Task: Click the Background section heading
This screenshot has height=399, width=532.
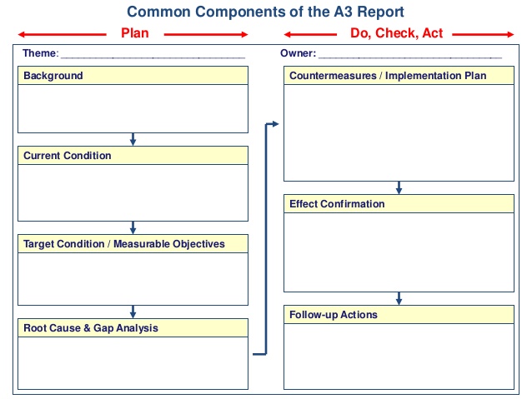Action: click(53, 75)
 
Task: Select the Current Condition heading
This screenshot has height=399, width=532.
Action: click(68, 155)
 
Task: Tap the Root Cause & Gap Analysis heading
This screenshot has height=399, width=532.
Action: click(91, 328)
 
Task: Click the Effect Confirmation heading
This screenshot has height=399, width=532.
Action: click(337, 204)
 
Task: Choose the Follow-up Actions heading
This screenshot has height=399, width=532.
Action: click(334, 315)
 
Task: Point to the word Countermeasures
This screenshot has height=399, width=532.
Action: click(333, 75)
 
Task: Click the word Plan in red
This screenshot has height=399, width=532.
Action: click(135, 33)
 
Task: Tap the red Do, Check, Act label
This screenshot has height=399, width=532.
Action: click(396, 33)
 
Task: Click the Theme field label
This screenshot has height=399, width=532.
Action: click(41, 53)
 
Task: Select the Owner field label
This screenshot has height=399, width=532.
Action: click(298, 53)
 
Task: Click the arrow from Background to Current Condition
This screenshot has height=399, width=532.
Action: click(133, 139)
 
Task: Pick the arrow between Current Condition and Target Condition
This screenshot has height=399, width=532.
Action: click(133, 227)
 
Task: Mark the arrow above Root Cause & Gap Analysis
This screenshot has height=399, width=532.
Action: click(133, 312)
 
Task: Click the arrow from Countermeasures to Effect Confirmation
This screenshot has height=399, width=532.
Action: click(399, 187)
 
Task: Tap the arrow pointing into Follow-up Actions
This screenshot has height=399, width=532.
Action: click(399, 299)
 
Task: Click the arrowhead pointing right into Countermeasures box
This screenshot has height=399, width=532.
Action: click(275, 124)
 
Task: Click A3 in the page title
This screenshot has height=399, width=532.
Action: click(343, 12)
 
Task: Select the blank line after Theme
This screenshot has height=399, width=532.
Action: click(153, 58)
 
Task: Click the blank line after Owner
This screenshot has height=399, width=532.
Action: click(410, 58)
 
